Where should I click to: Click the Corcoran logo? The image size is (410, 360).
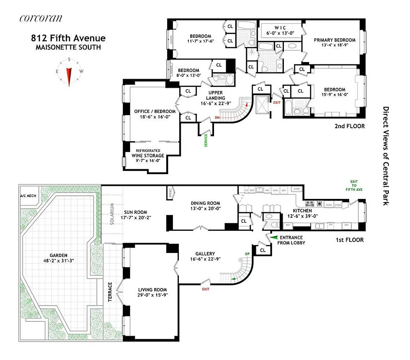pos(41,18)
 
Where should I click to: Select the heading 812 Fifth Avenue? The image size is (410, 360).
pos(68,38)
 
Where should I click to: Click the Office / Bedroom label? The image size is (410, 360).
pos(148,112)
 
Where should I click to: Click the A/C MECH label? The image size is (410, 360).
pos(28,196)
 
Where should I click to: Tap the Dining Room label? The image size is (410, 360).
pos(205,203)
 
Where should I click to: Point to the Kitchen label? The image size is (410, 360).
pos(301,210)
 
